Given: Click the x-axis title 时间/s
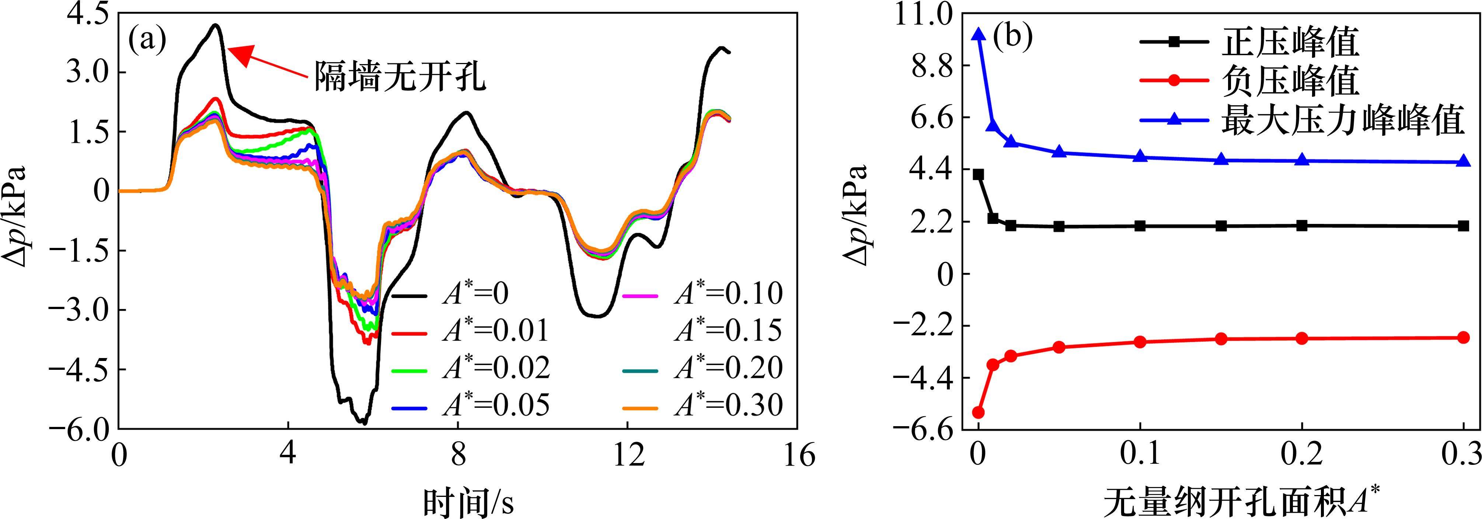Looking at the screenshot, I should tap(469, 501).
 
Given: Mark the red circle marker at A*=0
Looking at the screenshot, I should tap(978, 412).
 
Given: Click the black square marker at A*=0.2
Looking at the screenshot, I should tap(1303, 225).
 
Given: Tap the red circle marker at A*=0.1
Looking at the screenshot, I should tap(1140, 342).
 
